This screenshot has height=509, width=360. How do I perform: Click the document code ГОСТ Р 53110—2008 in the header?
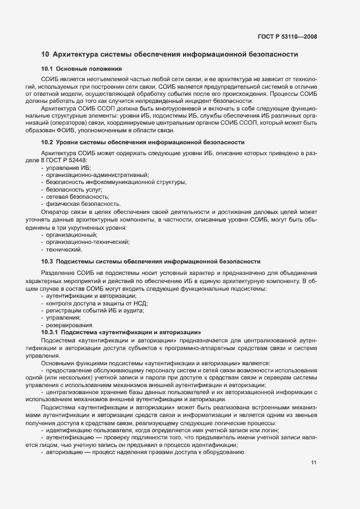tap(288, 37)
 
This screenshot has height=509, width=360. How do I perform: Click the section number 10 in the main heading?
tap(45, 54)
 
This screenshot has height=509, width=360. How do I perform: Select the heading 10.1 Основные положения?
tap(81, 69)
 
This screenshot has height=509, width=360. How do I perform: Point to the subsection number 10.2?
tap(48, 142)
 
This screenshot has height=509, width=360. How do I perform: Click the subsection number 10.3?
tap(48, 261)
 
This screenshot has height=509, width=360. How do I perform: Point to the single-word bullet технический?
tap(64, 249)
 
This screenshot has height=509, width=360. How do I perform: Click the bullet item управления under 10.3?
tap(63, 317)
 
